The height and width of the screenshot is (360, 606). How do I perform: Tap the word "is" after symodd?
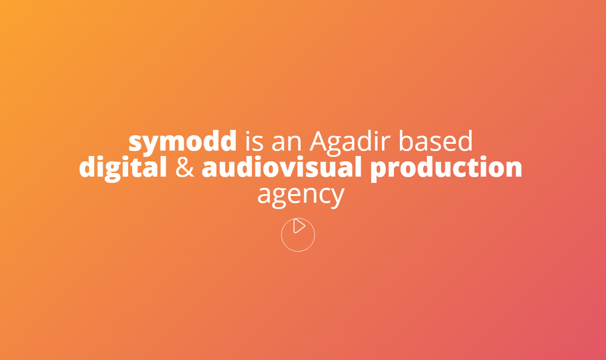click(254, 141)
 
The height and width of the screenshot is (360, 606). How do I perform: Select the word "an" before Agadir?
click(287, 143)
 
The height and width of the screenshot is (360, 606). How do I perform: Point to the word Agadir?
click(350, 142)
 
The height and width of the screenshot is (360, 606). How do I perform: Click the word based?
click(436, 141)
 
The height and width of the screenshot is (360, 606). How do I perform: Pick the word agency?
click(301, 196)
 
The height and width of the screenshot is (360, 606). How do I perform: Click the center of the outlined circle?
click(298, 235)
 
